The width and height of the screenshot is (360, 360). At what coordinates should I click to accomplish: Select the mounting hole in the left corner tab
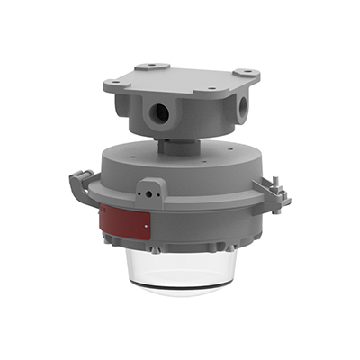click(113, 82)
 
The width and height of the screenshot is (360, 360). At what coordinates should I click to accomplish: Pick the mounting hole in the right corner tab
click(244, 72)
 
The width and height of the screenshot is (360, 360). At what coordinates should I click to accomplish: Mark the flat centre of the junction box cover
click(180, 77)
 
